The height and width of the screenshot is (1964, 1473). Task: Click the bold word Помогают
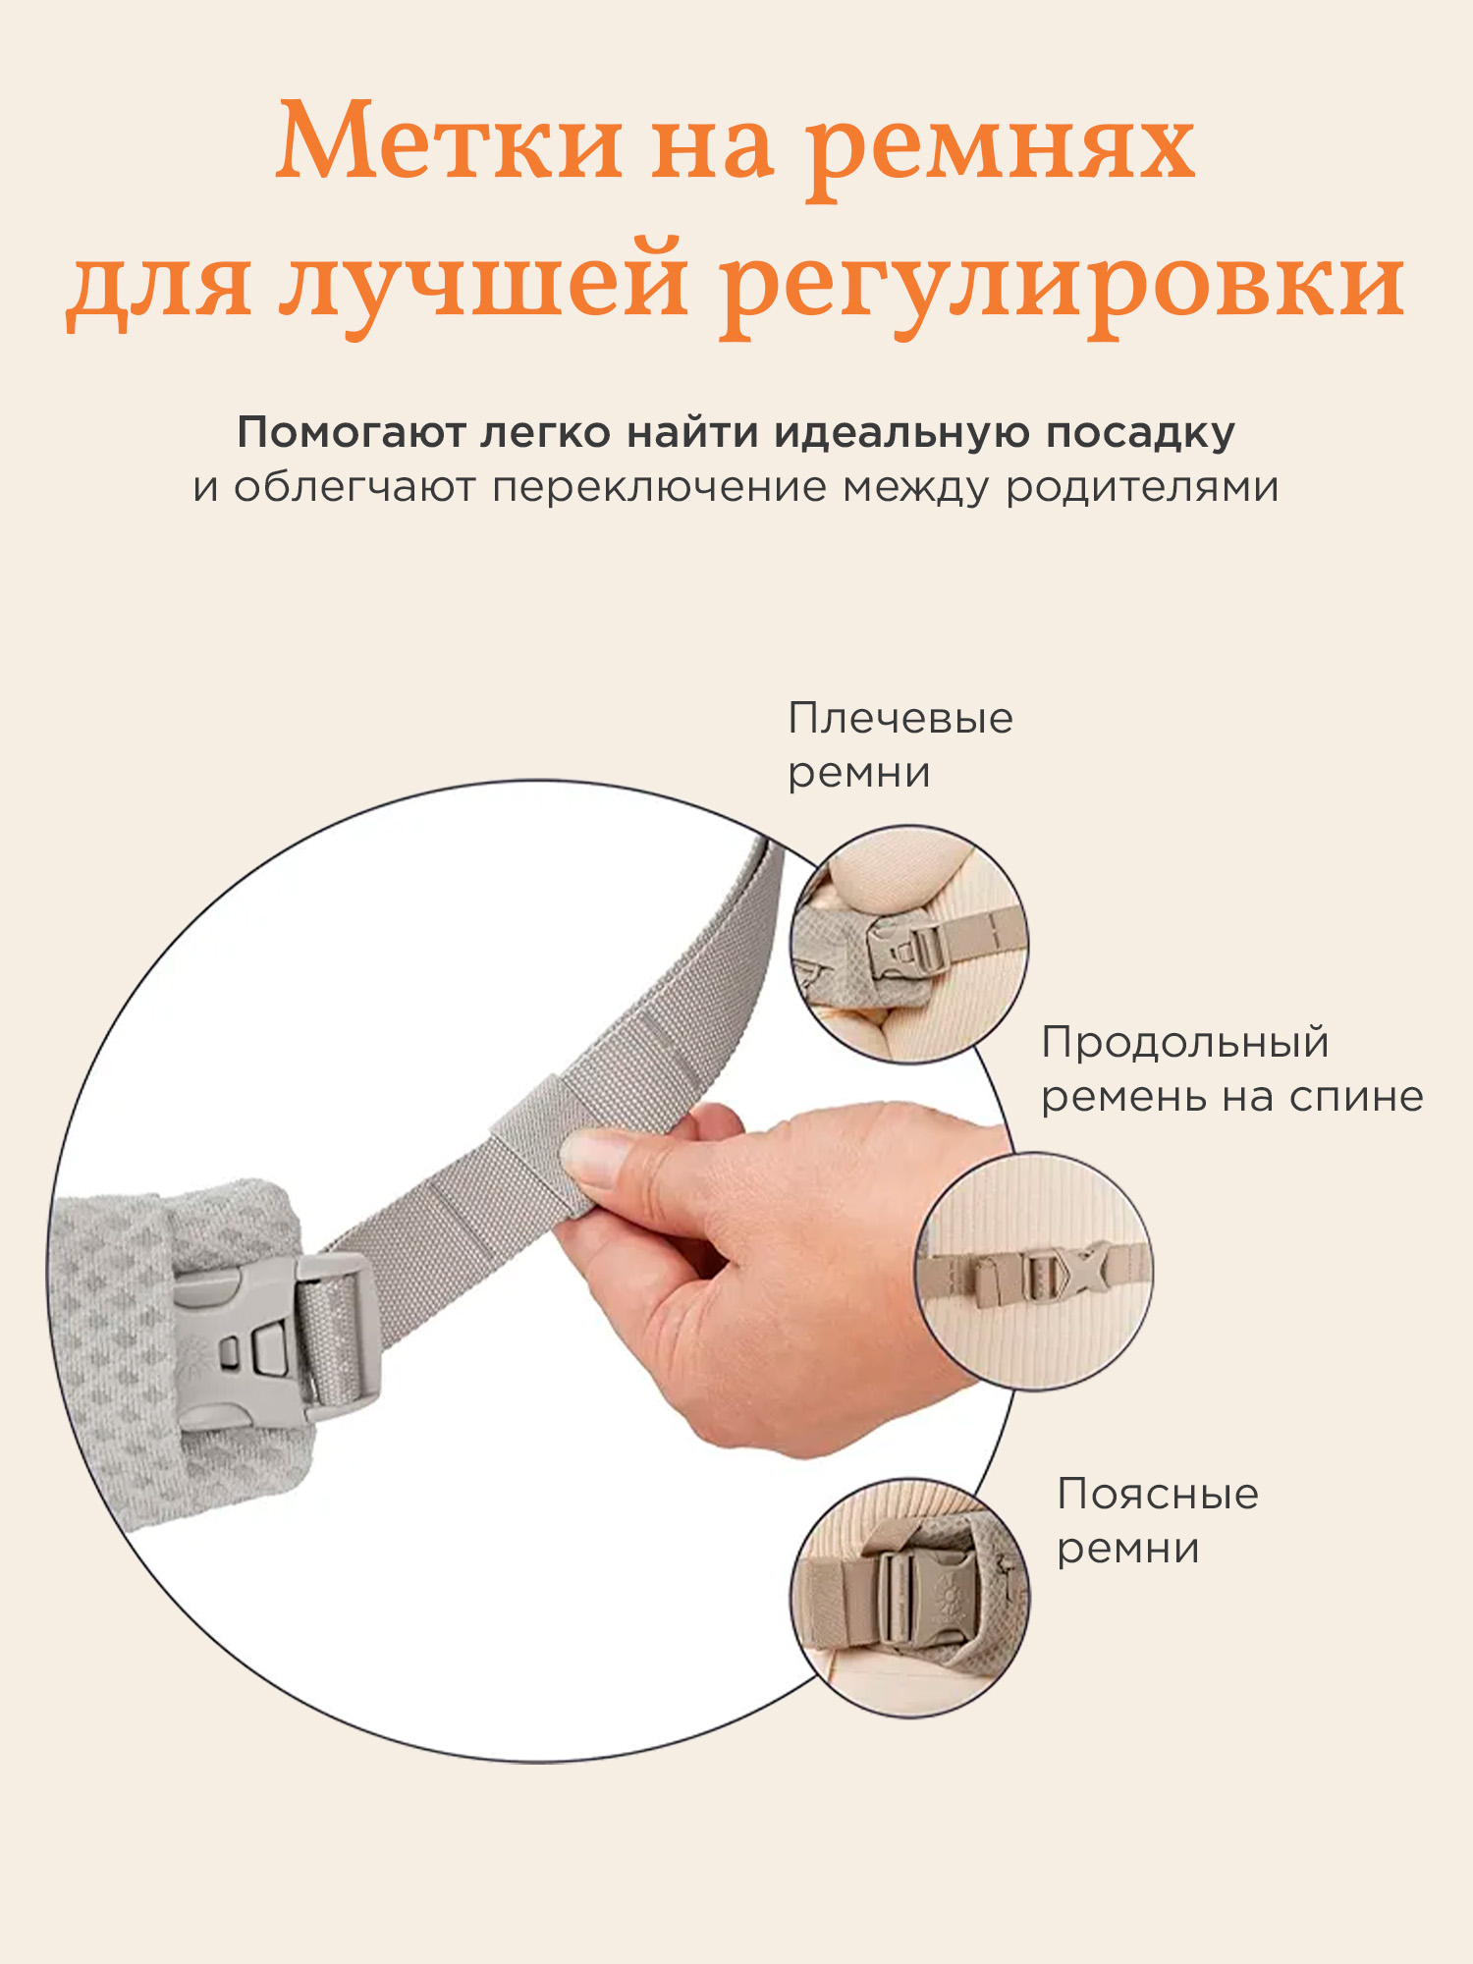351,433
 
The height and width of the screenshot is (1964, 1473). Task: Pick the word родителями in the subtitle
1142,488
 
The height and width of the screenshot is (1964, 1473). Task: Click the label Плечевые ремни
900,745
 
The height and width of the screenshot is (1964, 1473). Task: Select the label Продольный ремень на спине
1232,1069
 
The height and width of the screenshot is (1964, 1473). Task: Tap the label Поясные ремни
1158,1521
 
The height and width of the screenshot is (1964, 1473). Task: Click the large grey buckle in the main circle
275,1340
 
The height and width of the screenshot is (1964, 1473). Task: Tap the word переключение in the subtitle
660,488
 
